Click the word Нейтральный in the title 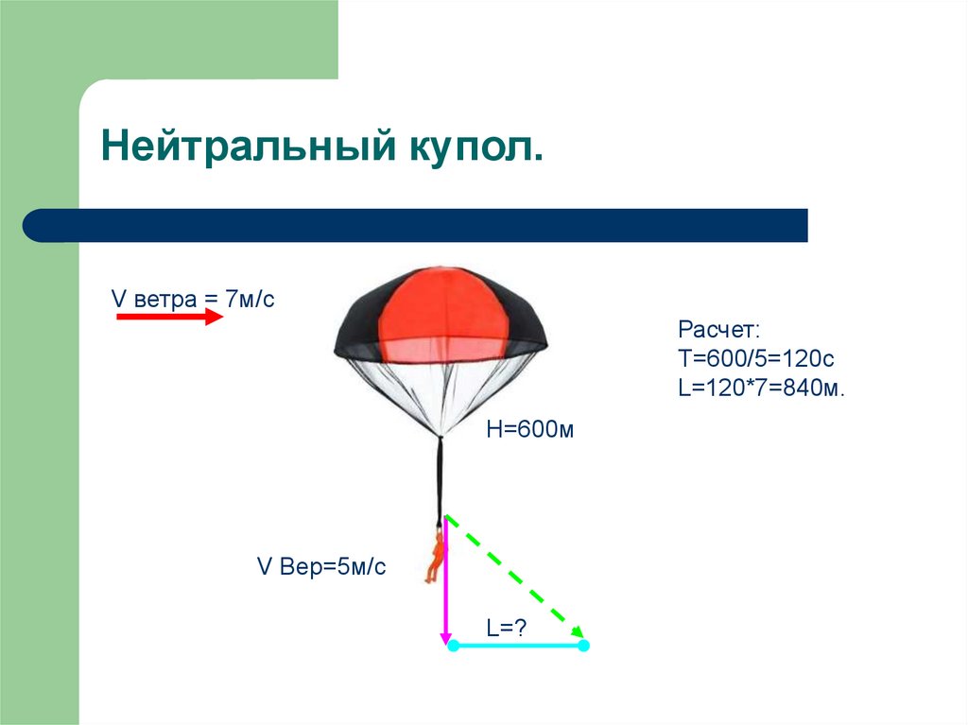(248, 149)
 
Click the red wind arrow (169, 319)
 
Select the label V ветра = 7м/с (193, 299)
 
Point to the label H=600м (530, 430)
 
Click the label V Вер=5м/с (321, 567)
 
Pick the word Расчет (718, 330)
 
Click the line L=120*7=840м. (760, 388)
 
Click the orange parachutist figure (436, 558)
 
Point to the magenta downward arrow (445, 586)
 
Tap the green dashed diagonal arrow (515, 577)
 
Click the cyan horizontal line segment (518, 646)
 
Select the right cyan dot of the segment (583, 646)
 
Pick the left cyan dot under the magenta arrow (453, 646)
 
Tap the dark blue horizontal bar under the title (416, 225)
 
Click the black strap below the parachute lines (440, 477)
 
